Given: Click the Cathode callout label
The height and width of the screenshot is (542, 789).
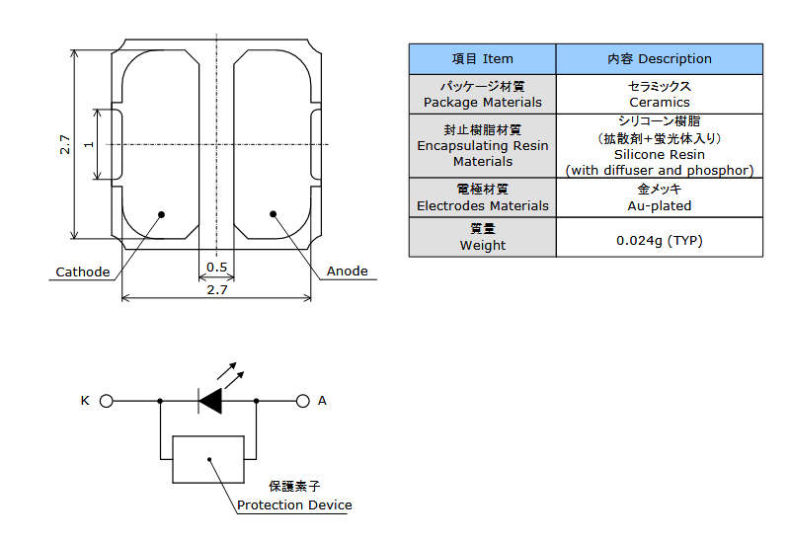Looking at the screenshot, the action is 83,271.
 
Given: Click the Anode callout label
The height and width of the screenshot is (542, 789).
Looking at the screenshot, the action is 348,271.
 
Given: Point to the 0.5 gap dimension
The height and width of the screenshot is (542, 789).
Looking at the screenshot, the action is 217,268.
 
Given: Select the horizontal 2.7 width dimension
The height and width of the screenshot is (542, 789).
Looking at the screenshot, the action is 217,290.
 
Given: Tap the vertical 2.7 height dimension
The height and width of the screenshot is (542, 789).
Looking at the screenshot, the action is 65,144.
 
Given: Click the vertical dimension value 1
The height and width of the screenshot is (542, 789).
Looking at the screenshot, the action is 89,144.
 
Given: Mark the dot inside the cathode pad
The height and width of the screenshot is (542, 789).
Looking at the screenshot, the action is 162,214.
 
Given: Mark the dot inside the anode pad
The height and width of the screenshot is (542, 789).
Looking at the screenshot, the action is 274,214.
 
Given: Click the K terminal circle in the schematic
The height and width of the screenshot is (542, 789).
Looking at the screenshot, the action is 107,401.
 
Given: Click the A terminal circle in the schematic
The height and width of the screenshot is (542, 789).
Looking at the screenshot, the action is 302,401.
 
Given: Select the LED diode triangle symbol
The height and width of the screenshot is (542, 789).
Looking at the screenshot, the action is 210,401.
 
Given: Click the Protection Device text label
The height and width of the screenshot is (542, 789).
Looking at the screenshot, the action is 294,504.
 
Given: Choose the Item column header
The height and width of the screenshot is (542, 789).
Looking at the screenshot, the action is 483,59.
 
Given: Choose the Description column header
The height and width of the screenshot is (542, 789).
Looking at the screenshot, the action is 660,59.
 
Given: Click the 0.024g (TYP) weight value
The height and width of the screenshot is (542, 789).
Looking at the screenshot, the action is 660,241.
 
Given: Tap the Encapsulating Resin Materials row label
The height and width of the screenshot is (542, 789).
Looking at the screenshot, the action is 483,146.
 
